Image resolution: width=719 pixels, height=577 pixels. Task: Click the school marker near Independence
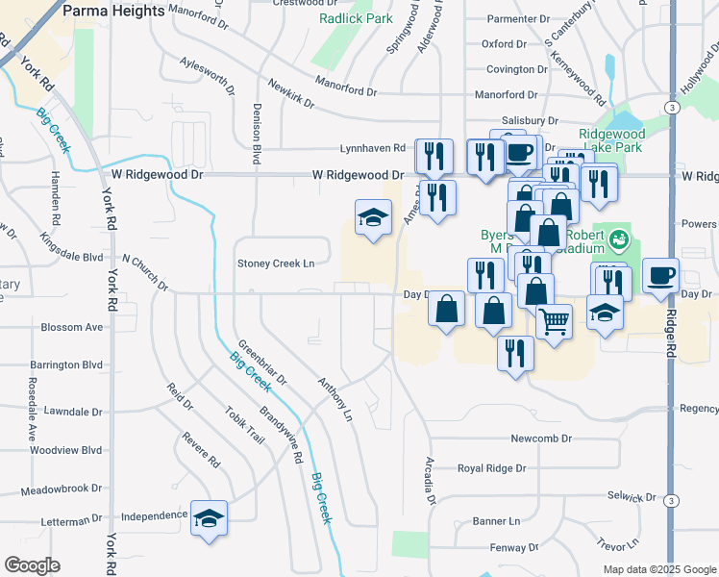tap(209, 519)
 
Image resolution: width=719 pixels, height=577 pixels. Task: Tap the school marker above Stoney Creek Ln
tap(373, 218)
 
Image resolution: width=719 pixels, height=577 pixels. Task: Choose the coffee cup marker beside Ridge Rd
tap(660, 276)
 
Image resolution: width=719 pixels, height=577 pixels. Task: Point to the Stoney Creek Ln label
tap(277, 263)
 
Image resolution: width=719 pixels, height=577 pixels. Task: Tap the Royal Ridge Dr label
tap(491, 469)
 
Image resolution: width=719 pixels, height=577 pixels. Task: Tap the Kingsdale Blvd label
tap(72, 247)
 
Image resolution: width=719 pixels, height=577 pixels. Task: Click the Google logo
tap(33, 565)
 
